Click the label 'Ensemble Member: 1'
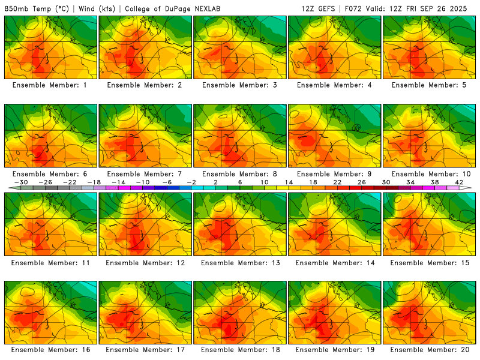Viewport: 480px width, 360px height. [51, 85]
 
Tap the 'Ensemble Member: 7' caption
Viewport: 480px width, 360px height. [146, 173]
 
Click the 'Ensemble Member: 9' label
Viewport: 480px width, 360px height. [335, 173]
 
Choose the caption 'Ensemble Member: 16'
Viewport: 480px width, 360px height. [51, 350]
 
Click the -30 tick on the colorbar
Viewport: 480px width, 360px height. [20, 182]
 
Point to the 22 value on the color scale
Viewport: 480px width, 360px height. [337, 182]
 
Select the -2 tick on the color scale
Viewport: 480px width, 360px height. [191, 182]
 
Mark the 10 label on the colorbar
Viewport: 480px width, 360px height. [264, 182]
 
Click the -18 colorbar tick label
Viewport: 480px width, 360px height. [94, 182]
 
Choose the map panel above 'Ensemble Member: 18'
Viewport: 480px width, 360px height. [240, 312]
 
